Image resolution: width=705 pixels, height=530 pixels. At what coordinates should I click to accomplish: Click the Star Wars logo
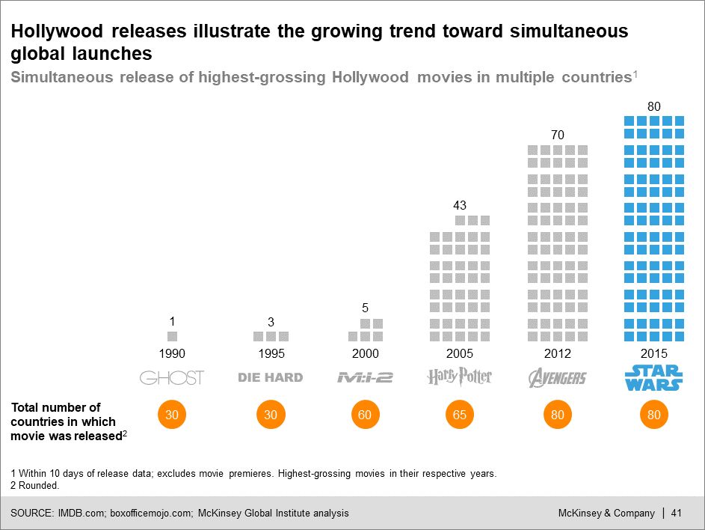pyautogui.click(x=653, y=377)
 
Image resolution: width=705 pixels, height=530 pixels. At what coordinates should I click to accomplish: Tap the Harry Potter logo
pyautogui.click(x=460, y=377)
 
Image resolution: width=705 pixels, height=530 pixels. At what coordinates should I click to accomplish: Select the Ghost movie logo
pyautogui.click(x=172, y=377)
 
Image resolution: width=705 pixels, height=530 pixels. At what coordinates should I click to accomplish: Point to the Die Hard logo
pyautogui.click(x=271, y=377)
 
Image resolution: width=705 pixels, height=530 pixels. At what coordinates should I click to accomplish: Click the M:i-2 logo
pyautogui.click(x=365, y=377)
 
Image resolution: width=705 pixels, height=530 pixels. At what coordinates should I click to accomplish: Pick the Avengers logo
pyautogui.click(x=557, y=377)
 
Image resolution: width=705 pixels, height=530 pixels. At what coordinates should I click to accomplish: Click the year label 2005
pyautogui.click(x=460, y=353)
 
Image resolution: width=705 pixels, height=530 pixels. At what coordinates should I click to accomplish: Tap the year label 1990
pyautogui.click(x=172, y=353)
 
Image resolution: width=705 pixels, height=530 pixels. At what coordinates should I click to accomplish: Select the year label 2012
pyautogui.click(x=557, y=353)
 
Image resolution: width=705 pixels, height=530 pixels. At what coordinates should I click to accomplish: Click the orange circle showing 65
pyautogui.click(x=460, y=415)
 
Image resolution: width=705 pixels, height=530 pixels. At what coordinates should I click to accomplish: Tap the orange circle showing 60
pyautogui.click(x=365, y=415)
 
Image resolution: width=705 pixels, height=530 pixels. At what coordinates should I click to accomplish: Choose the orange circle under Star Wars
pyautogui.click(x=653, y=415)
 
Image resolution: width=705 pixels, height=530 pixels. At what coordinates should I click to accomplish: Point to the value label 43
pyautogui.click(x=460, y=204)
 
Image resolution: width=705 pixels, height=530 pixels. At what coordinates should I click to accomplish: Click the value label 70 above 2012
pyautogui.click(x=557, y=135)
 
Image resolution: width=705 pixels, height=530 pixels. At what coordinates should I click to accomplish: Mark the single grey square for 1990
pyautogui.click(x=172, y=337)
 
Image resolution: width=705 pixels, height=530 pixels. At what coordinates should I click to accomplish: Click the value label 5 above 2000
pyautogui.click(x=365, y=307)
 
